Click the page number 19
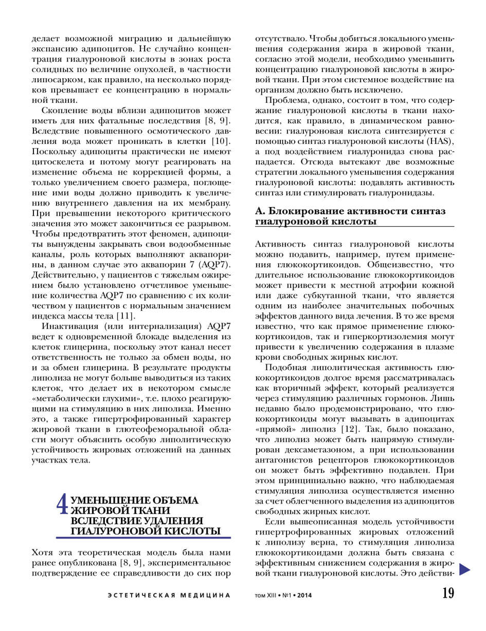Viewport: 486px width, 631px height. point(448,593)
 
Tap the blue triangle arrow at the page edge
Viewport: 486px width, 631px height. point(465,569)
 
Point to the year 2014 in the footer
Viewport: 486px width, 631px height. point(304,596)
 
